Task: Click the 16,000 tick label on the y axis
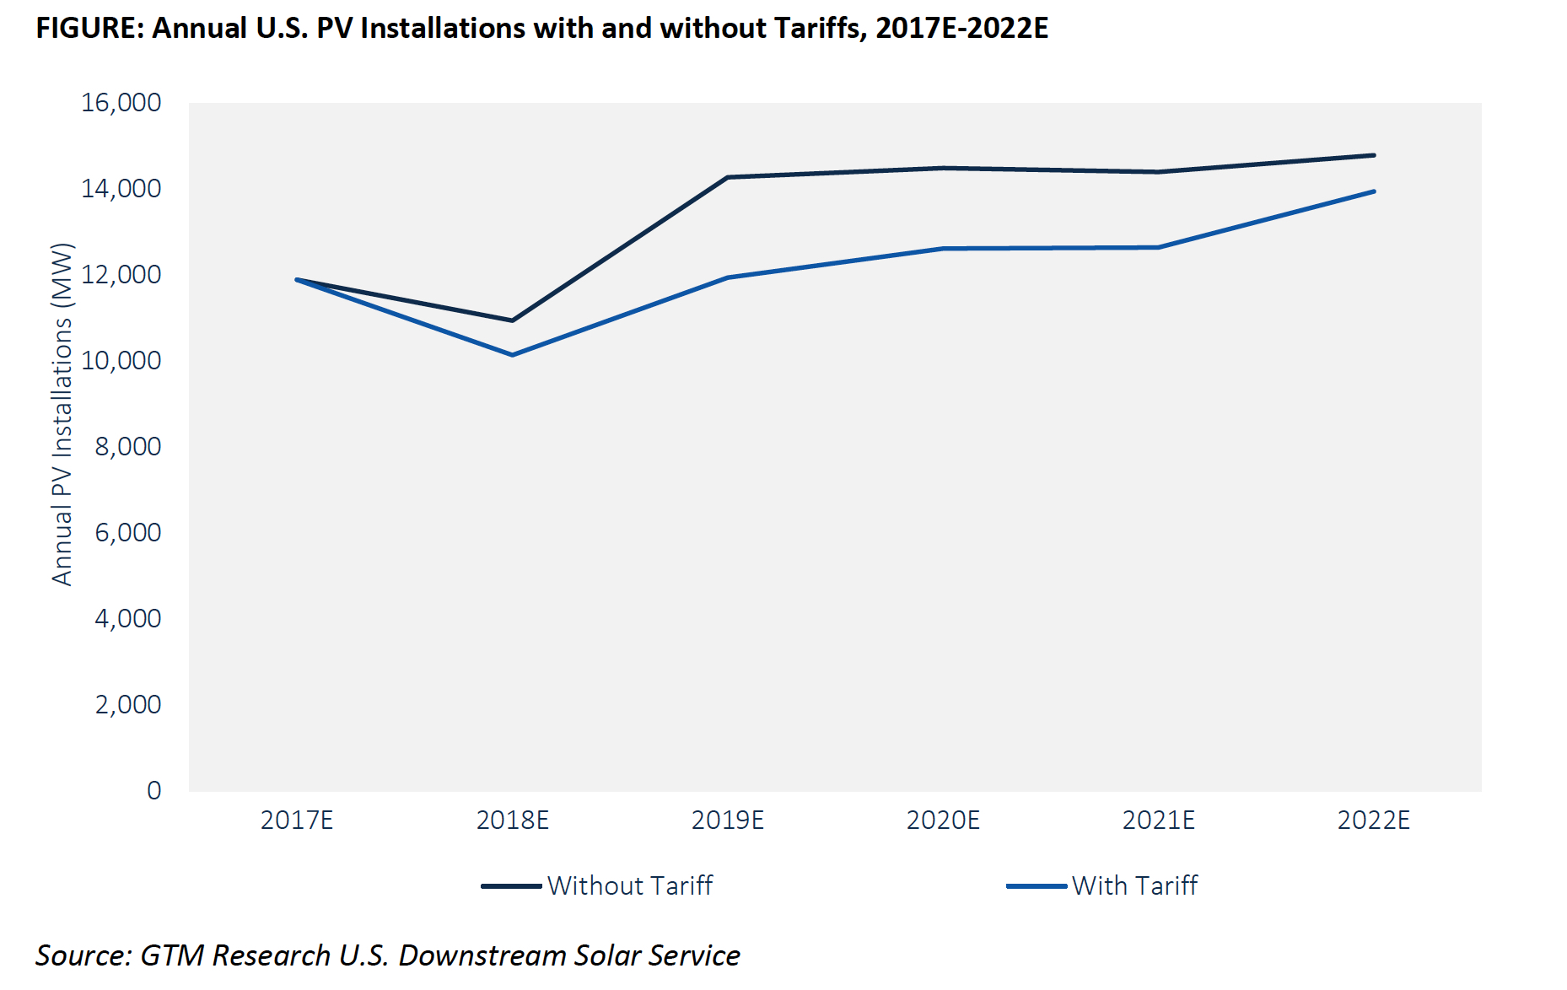(x=121, y=103)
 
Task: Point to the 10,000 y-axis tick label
(x=121, y=361)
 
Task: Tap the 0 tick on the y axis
(x=153, y=791)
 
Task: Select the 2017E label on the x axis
(x=297, y=821)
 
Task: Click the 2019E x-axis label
(x=728, y=821)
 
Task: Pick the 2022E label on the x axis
(x=1374, y=821)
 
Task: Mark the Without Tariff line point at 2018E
(x=513, y=320)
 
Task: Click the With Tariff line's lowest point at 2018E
(x=513, y=355)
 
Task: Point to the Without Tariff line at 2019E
(x=728, y=177)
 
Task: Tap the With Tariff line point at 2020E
(x=943, y=249)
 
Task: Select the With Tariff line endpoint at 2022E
(x=1374, y=191)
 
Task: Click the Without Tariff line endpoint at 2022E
(x=1374, y=155)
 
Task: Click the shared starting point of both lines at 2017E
(x=297, y=279)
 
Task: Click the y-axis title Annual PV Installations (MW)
(x=62, y=414)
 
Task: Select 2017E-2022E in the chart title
(x=961, y=29)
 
